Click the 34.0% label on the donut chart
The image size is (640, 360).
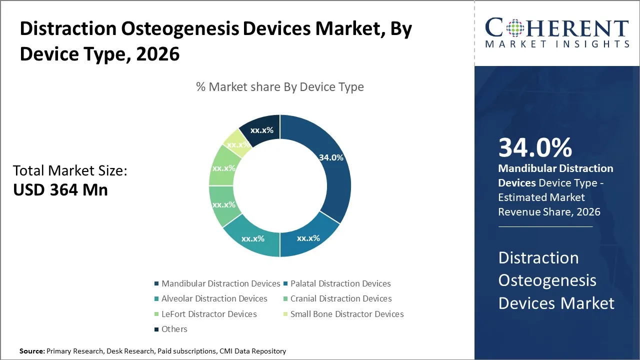331,157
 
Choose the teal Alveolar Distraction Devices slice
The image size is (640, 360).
252,238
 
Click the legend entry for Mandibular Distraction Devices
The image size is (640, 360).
220,283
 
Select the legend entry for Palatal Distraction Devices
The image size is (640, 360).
340,283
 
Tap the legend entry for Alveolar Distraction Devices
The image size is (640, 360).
214,298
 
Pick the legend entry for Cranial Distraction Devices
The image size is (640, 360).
341,298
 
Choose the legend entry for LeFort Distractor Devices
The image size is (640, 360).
209,314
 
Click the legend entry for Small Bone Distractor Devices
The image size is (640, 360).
347,314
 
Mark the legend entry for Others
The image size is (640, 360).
174,329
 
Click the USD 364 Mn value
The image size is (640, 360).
60,189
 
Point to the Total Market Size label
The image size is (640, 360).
70,170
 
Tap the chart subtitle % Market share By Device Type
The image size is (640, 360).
280,86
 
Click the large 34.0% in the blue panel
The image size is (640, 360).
535,147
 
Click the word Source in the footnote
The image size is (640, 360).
31,351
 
